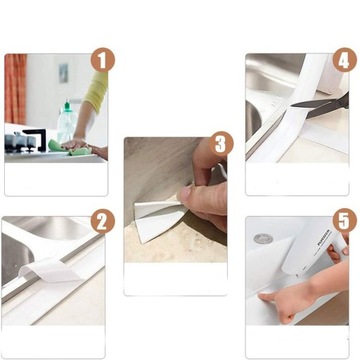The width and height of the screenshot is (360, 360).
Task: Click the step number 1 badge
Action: (x=103, y=60)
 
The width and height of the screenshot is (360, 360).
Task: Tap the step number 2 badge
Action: (x=103, y=221)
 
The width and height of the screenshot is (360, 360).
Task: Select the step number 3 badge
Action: (x=221, y=144)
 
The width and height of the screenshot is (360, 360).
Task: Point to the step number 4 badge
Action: (x=344, y=60)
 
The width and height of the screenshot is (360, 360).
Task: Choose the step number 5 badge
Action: (x=344, y=220)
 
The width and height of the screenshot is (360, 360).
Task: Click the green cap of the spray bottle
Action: (x=68, y=106)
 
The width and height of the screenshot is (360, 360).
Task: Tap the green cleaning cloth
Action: (x=69, y=148)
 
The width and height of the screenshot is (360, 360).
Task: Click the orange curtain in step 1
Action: (x=15, y=89)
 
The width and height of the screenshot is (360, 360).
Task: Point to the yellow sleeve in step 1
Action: (x=96, y=92)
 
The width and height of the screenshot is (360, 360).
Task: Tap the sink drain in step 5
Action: (x=263, y=238)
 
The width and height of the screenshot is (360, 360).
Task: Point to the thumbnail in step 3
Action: (x=185, y=194)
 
